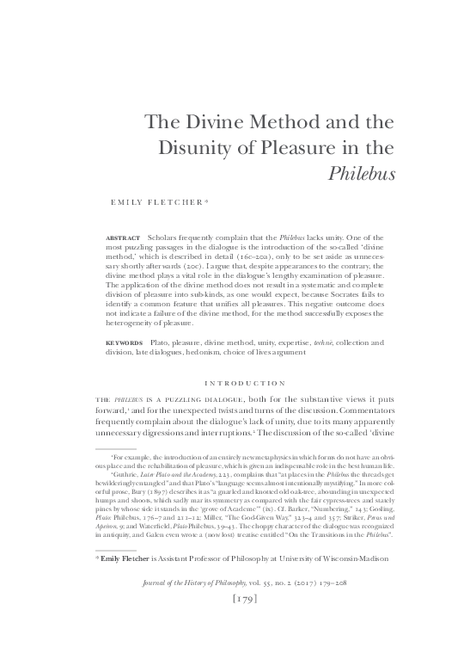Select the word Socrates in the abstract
329,299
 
